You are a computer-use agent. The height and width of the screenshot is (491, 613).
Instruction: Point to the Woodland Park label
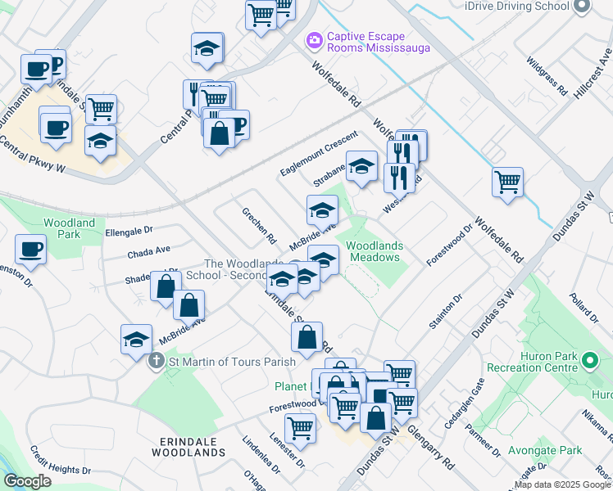point(69,228)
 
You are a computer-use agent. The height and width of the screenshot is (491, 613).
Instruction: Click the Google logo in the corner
point(28,480)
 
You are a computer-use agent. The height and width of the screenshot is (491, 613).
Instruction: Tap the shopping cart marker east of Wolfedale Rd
point(507,182)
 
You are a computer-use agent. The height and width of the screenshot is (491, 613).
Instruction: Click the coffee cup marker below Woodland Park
point(31,249)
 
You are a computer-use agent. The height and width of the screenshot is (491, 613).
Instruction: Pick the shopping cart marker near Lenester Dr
point(301,428)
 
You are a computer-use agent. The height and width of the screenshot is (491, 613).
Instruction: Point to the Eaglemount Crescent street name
point(319,151)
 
